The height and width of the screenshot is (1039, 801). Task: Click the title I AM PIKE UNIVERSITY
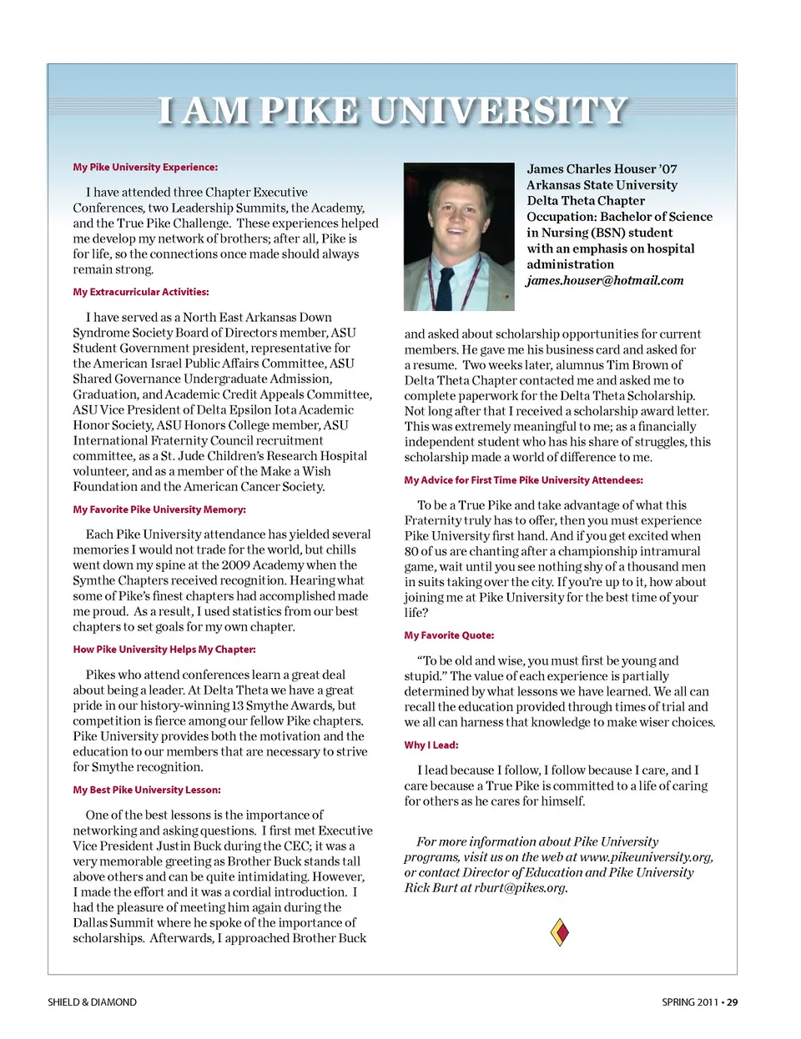point(392,111)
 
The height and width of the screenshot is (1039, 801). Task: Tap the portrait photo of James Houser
point(458,236)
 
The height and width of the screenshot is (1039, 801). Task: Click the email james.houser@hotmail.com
point(605,280)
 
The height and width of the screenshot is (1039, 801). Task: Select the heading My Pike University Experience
point(145,167)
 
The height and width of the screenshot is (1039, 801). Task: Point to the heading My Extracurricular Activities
point(141,292)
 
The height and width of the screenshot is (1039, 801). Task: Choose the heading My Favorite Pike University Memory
point(159,509)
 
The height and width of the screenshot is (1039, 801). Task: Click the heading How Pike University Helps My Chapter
point(164,650)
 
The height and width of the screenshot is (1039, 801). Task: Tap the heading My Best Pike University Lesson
point(147,790)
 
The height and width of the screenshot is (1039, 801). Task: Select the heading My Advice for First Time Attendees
point(523,480)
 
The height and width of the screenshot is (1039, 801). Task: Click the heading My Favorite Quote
point(449,635)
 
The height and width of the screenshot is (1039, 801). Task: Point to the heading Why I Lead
point(431,745)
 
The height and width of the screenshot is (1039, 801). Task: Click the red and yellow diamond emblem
point(560,931)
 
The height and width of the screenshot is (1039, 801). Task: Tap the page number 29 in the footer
point(732,1002)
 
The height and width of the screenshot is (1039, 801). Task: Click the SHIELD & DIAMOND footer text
point(92,1002)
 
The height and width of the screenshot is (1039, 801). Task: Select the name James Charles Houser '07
point(602,169)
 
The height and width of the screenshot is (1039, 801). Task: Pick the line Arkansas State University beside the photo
point(602,185)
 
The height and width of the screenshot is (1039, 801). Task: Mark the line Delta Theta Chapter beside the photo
point(586,201)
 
